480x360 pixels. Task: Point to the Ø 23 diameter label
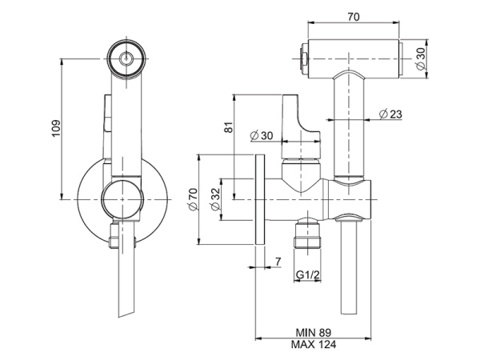388,114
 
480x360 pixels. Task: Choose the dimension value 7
276,262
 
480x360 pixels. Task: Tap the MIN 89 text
313,331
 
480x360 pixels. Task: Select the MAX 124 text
313,345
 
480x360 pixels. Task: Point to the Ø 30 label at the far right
421,58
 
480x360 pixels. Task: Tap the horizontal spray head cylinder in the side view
352,58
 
